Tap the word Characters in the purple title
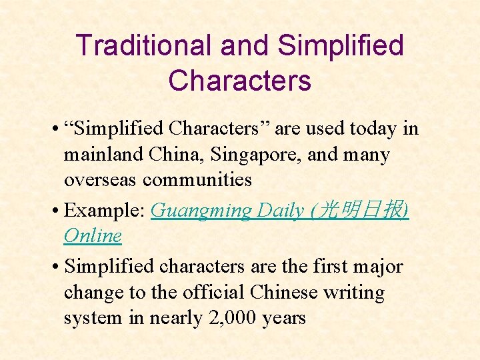tap(239, 81)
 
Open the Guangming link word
tap(201, 210)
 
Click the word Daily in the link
tap(280, 210)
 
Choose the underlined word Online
tap(93, 235)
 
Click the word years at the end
tap(283, 318)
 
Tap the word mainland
tap(97, 155)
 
